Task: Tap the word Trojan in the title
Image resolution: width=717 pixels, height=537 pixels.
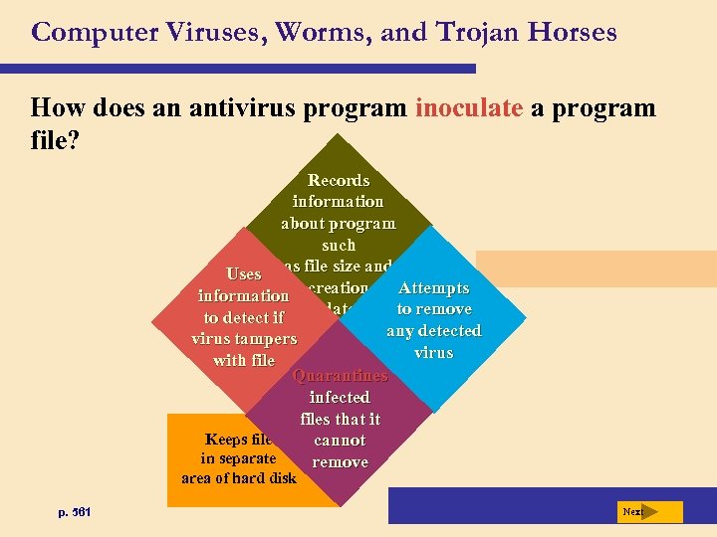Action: [473, 32]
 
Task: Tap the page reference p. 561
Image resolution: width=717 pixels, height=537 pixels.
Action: [75, 512]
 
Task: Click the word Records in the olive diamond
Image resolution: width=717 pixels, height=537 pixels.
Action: [339, 180]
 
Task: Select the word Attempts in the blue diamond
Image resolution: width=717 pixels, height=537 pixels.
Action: [433, 288]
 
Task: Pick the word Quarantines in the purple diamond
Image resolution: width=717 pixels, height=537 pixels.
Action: [340, 376]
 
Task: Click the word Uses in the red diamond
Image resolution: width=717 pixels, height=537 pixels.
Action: [244, 273]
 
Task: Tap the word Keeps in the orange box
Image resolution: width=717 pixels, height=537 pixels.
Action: [226, 440]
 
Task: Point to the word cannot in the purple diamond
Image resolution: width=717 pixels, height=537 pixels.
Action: [340, 441]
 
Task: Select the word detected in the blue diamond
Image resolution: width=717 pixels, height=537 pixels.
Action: [448, 331]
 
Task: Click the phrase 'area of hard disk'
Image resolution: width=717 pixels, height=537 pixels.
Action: [239, 478]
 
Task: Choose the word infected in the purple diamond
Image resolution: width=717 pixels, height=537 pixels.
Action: [340, 398]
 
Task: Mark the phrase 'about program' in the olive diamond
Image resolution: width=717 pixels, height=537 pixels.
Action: [339, 223]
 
